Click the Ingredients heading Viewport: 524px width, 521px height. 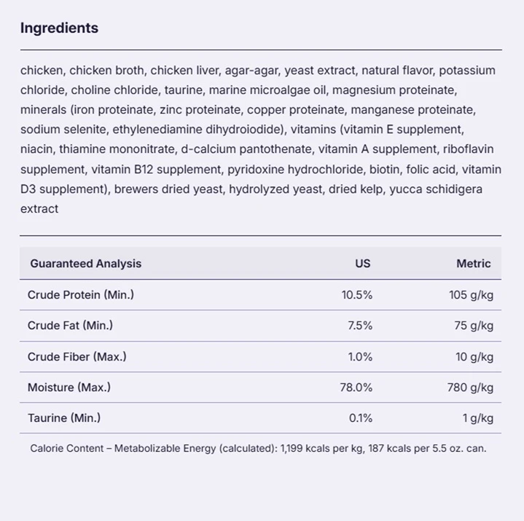pos(60,28)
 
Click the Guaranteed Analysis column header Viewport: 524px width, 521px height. pos(86,264)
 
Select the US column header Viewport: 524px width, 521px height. pos(363,264)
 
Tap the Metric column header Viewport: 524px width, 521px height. pos(474,264)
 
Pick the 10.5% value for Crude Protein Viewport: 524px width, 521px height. pos(357,295)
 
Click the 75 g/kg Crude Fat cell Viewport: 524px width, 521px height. pos(474,326)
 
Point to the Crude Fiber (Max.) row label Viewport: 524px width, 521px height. pos(77,357)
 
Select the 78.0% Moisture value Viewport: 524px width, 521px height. pos(356,388)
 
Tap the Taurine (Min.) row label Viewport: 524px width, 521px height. pos(64,418)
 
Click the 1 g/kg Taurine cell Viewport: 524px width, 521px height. pos(478,418)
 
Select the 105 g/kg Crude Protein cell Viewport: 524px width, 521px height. pos(472,295)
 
